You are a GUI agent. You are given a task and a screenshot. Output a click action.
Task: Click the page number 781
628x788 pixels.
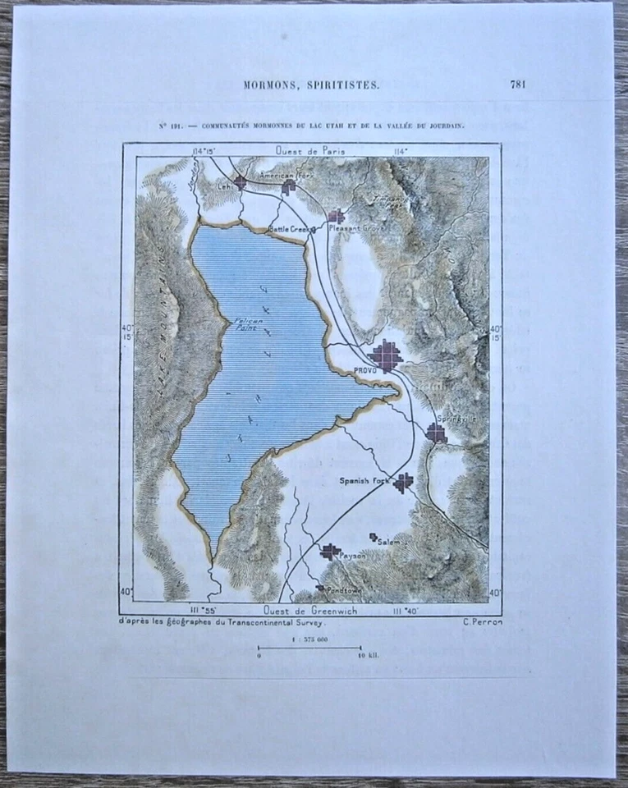tap(517, 83)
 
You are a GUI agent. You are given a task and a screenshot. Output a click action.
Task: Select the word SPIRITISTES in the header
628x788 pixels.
tap(348, 84)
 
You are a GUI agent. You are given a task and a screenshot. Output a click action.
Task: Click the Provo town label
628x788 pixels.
tap(365, 371)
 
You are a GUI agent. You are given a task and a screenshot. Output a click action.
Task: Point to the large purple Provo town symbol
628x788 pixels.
tap(386, 356)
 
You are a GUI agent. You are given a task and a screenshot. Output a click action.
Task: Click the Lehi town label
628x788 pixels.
tap(224, 186)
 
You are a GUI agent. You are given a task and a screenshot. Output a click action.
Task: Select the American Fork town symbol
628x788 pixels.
tap(288, 188)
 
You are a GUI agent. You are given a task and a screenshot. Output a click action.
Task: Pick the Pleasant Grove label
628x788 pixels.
tap(352, 228)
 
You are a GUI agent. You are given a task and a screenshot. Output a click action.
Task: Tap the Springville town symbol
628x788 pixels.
tap(436, 433)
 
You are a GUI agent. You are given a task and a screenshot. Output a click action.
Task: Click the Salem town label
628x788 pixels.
tap(389, 543)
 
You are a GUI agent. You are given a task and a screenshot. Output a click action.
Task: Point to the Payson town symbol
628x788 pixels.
tap(330, 552)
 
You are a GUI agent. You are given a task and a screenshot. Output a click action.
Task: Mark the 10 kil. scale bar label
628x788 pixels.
tap(368, 656)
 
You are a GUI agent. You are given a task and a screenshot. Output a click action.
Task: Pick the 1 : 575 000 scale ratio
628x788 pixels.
tap(310, 639)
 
